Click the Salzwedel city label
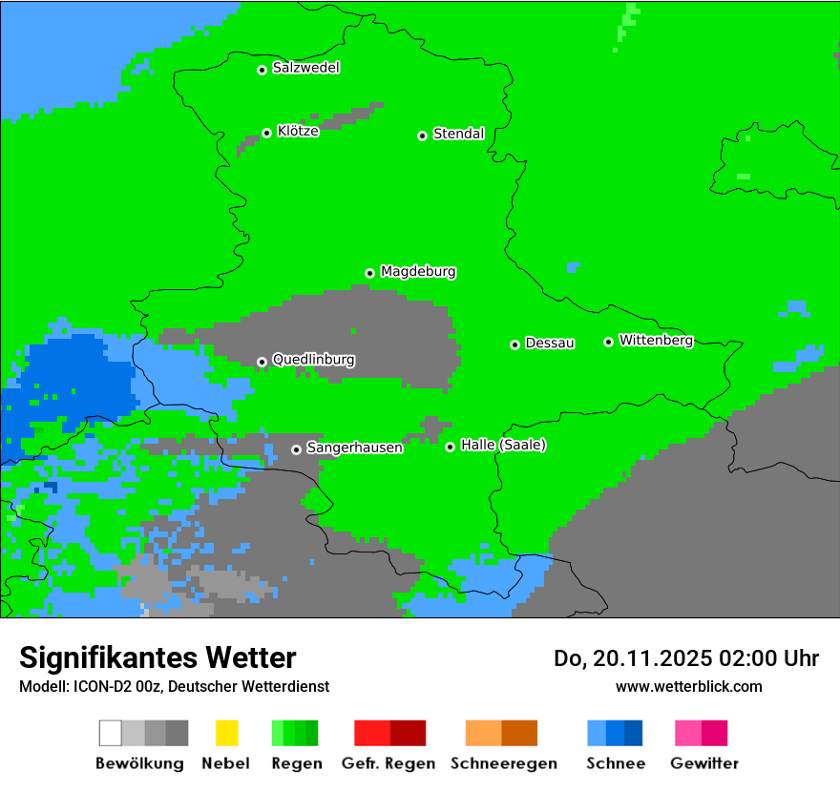[x=305, y=68]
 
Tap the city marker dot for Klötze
[x=266, y=134]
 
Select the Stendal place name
[x=458, y=134]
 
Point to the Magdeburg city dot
[x=369, y=273]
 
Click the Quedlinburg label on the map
[x=313, y=360]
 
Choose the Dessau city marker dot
[x=514, y=344]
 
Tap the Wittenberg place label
[x=656, y=340]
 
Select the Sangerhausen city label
[x=354, y=448]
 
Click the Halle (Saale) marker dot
[x=450, y=447]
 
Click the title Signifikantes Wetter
[x=157, y=657]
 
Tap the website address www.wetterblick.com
[x=688, y=686]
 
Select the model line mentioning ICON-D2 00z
[x=174, y=686]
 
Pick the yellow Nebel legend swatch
[x=226, y=733]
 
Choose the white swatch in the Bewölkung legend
[x=111, y=733]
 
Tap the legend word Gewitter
[x=704, y=763]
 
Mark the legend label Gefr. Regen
[x=388, y=763]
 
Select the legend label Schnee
[x=615, y=763]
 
